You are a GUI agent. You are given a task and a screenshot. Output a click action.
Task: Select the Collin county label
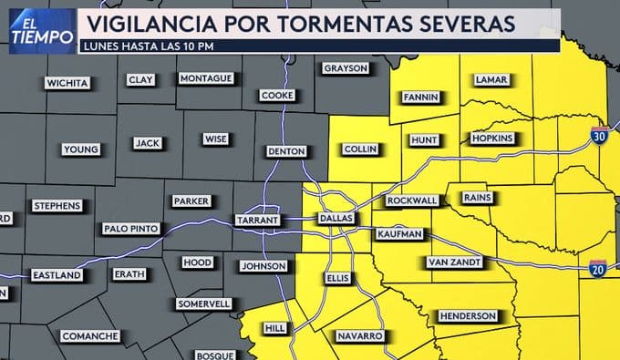[361, 149]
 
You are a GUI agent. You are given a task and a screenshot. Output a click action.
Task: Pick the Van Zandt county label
[452, 262]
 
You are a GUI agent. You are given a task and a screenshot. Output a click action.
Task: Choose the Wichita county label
[68, 83]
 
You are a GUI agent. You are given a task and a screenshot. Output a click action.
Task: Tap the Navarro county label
[358, 336]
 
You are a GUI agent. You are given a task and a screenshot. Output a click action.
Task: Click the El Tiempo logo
[41, 30]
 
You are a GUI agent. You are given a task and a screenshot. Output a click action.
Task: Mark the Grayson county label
[345, 68]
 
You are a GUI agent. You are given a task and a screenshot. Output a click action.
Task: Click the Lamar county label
[491, 80]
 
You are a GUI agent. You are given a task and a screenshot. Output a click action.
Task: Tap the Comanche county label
[89, 336]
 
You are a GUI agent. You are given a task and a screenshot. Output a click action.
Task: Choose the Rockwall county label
[412, 201]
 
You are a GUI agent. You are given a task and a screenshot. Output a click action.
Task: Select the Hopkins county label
[492, 139]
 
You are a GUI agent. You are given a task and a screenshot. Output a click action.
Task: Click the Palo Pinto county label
[131, 228]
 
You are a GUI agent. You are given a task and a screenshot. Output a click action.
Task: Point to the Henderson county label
[468, 315]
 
